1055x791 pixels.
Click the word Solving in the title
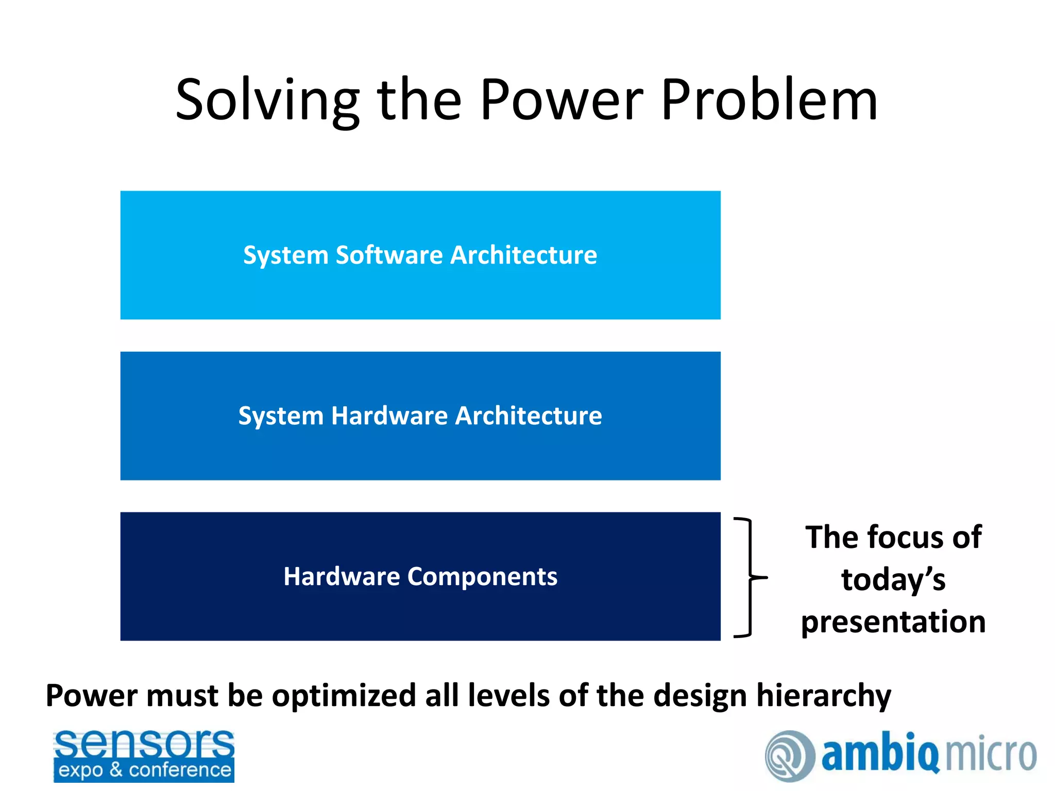click(267, 100)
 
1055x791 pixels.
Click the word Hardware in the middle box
click(389, 416)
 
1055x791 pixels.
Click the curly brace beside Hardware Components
click(750, 577)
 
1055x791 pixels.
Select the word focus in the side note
click(906, 538)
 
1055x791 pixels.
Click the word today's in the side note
click(893, 580)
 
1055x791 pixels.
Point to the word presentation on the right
click(893, 622)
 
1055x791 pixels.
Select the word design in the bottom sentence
click(700, 696)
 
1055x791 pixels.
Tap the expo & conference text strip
click(144, 770)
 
